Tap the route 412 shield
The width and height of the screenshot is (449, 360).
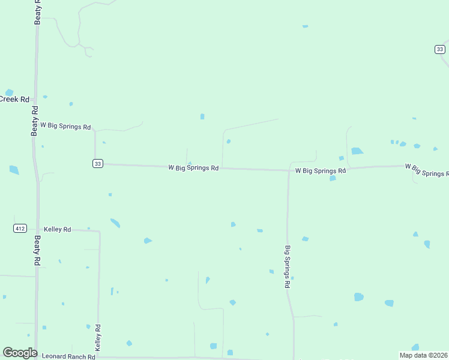tap(20, 228)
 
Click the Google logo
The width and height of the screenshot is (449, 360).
tap(20, 353)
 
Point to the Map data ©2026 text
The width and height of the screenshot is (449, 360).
tap(423, 355)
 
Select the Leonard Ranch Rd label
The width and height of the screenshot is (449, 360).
tap(68, 356)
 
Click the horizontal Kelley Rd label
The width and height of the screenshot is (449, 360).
tap(58, 229)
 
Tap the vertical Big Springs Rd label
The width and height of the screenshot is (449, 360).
tap(288, 267)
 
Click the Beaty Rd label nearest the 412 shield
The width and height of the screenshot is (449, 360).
tap(37, 250)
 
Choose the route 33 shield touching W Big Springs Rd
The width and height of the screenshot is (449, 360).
tap(98, 163)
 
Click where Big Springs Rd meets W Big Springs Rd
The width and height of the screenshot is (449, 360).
tap(289, 170)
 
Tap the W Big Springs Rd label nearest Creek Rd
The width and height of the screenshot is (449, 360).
tap(65, 127)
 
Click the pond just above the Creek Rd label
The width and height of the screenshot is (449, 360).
tap(8, 92)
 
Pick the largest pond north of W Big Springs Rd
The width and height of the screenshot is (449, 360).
tap(357, 151)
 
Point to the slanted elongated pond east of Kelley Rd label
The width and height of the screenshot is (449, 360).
tap(115, 223)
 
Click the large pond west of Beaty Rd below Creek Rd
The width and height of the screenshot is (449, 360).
tap(14, 170)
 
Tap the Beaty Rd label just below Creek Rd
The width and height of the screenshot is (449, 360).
tap(35, 121)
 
